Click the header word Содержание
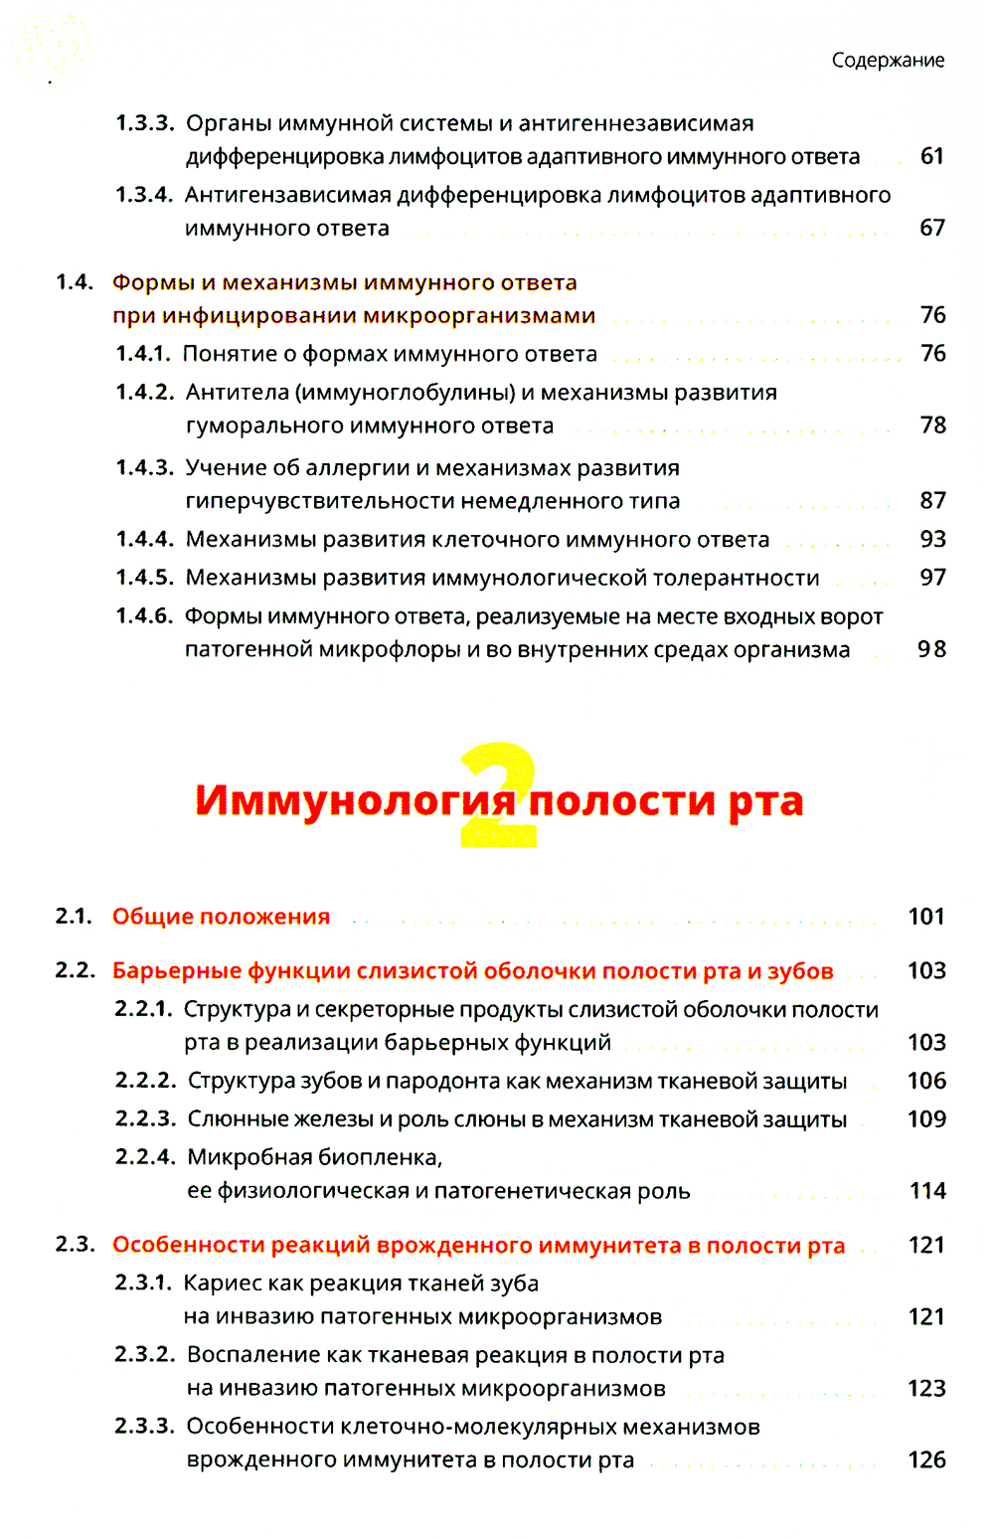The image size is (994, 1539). click(888, 61)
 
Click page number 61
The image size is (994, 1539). click(931, 156)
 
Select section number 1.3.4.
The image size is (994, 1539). click(144, 195)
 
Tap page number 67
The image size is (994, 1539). click(931, 228)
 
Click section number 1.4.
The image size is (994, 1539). click(75, 282)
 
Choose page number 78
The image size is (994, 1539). click(932, 426)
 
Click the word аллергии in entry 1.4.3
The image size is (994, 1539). click(357, 468)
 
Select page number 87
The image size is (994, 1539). click(932, 500)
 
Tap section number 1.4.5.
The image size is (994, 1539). click(144, 578)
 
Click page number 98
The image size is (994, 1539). click(931, 649)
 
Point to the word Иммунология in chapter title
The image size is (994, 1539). click(355, 800)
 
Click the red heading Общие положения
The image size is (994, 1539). click(221, 917)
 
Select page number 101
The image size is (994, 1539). click(926, 917)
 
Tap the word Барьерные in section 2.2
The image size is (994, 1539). click(176, 971)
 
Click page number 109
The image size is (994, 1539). click(926, 1119)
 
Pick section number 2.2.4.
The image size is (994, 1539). click(145, 1157)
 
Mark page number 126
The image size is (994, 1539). click(926, 1460)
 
